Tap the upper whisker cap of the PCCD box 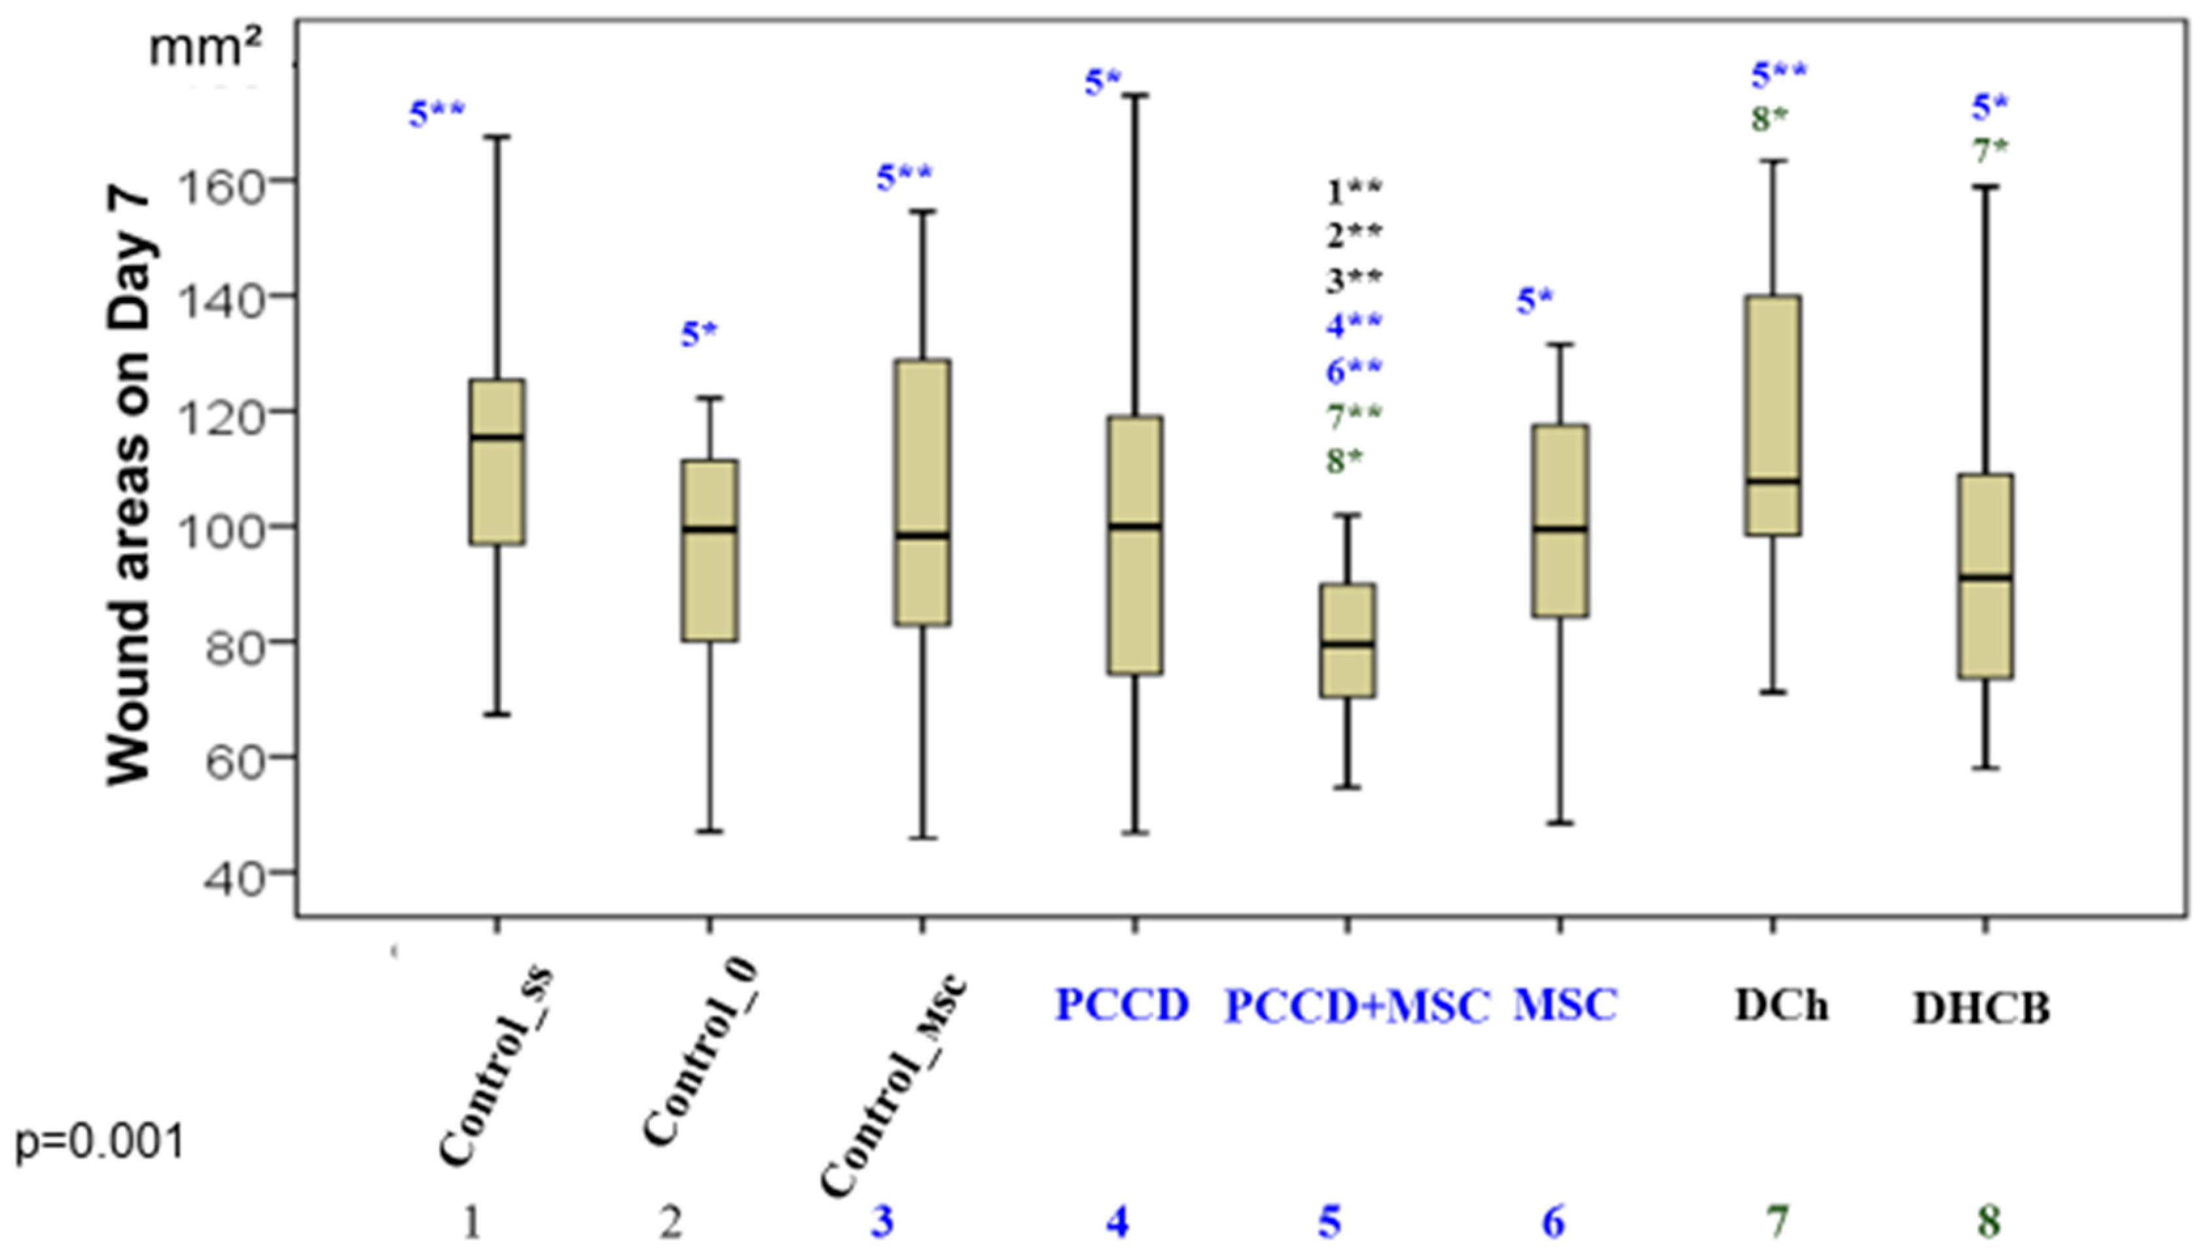tap(1135, 96)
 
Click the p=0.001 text tap(99, 1143)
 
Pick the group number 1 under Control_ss tap(472, 1222)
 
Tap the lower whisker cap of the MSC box tap(1560, 823)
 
